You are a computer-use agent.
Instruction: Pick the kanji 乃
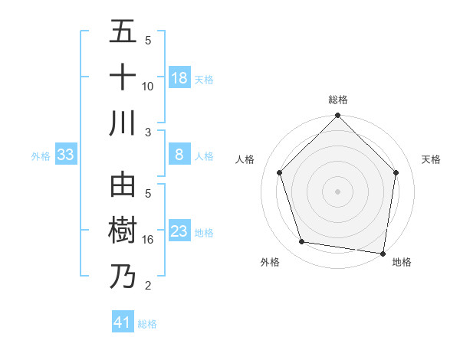click(x=123, y=277)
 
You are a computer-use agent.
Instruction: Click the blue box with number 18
click(x=179, y=78)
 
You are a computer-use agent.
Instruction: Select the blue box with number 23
click(x=179, y=232)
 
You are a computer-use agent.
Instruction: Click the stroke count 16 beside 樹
click(x=147, y=240)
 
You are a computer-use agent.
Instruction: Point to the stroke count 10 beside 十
click(x=147, y=87)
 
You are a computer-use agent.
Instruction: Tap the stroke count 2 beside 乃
click(x=147, y=286)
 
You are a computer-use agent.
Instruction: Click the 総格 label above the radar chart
click(x=338, y=100)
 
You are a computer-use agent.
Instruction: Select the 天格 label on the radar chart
click(x=431, y=159)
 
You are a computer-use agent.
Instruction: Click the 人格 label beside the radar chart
click(x=245, y=159)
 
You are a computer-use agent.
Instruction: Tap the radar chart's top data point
click(x=337, y=117)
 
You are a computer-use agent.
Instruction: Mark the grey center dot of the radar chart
click(x=337, y=191)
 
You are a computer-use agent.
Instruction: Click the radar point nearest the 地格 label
click(x=383, y=252)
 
